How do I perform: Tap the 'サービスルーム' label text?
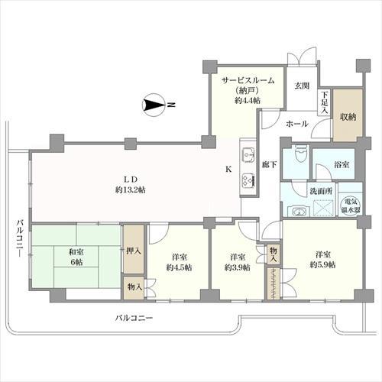click(248, 79)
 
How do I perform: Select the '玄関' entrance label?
click(302, 85)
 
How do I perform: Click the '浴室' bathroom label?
click(342, 164)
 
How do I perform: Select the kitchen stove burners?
click(248, 180)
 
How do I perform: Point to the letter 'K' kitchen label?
click(227, 169)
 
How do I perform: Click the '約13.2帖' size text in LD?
click(131, 189)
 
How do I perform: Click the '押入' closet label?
click(132, 250)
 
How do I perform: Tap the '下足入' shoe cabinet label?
click(324, 103)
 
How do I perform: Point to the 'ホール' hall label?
click(296, 123)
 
